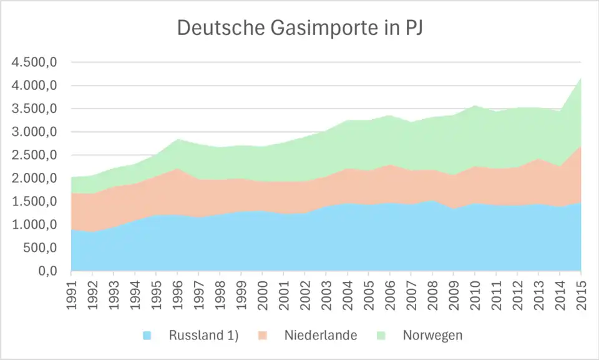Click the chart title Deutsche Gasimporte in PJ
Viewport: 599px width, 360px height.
click(299, 28)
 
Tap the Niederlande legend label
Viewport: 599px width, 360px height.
click(320, 336)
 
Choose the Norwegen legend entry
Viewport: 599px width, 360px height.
click(432, 336)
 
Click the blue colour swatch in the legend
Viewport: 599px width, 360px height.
click(147, 336)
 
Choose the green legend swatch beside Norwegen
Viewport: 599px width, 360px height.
click(381, 336)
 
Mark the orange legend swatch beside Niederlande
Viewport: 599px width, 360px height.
click(262, 336)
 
